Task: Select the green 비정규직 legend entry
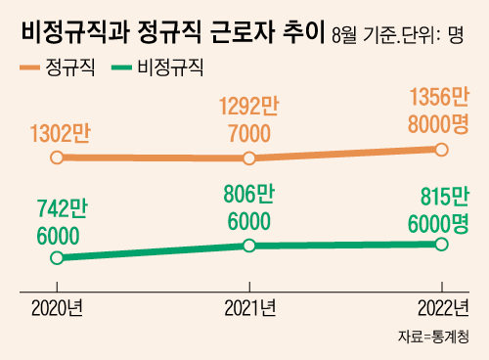click(x=167, y=68)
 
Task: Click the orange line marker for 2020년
click(x=57, y=157)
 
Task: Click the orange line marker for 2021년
click(x=249, y=157)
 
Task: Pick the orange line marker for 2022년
click(x=441, y=149)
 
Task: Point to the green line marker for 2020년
click(x=57, y=257)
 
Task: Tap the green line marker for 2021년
click(x=249, y=245)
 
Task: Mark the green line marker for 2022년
click(x=441, y=243)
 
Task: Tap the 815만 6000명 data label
click(x=437, y=206)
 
